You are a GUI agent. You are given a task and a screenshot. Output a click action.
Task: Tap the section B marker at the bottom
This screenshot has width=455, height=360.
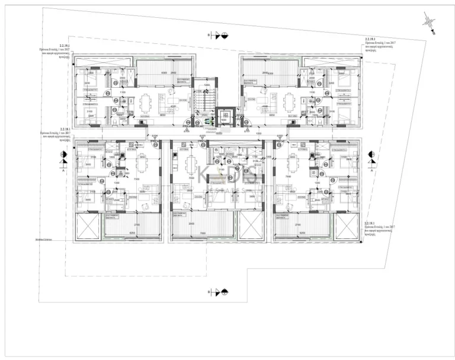(x=217, y=292)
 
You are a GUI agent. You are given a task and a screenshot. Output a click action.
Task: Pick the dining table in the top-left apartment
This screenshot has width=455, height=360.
(x=145, y=102)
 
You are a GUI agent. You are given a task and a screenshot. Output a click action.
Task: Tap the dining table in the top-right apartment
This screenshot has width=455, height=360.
(x=289, y=102)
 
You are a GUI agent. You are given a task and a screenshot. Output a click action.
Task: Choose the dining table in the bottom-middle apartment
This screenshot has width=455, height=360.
(x=191, y=163)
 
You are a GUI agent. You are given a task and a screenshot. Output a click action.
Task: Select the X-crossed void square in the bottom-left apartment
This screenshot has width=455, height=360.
(x=88, y=226)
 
